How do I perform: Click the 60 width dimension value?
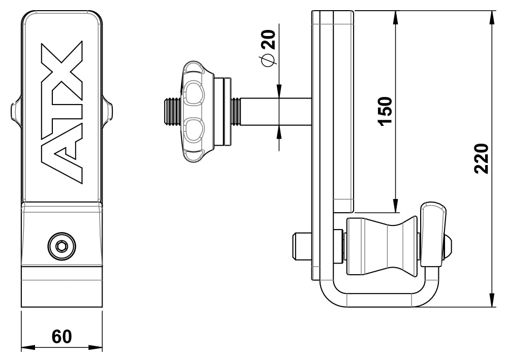click(x=61, y=336)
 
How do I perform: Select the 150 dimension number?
click(x=385, y=111)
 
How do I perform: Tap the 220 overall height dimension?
click(x=481, y=158)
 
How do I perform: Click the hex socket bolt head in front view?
click(x=61, y=247)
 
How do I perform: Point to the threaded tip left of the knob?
click(x=171, y=112)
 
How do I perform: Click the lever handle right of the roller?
click(x=433, y=234)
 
